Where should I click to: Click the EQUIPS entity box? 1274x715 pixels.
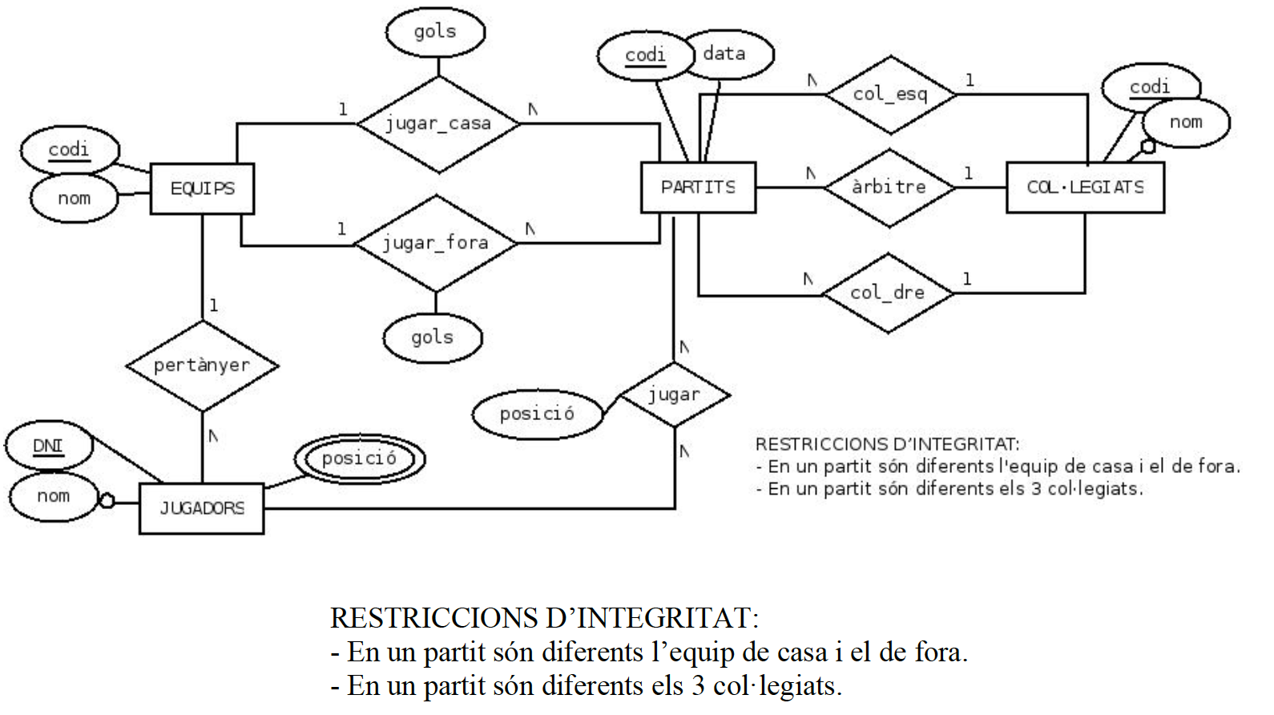coord(202,188)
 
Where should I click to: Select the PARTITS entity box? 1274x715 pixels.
coord(698,188)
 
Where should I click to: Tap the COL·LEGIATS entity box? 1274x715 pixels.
coord(1085,188)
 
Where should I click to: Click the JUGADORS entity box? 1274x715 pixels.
coord(201,508)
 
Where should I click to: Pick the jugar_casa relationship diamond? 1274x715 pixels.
coord(437,123)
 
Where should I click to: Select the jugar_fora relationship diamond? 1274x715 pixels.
coord(435,243)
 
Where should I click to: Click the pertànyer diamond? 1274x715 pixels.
coord(202,366)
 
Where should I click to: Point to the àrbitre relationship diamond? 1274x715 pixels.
coord(889,188)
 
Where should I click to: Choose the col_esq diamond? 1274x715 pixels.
coord(890,95)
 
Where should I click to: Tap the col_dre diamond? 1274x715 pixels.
coord(888,293)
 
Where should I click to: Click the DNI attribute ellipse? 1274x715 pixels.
coord(48,446)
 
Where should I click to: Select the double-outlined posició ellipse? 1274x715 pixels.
coord(359,458)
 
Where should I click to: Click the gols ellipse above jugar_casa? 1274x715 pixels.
coord(435,32)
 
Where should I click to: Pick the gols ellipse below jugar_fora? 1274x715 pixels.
coord(433,337)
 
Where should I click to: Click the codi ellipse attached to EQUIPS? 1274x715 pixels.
coord(69,150)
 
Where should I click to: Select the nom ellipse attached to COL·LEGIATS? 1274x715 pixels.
coord(1186,123)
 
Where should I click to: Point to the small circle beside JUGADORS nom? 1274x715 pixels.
coord(106,502)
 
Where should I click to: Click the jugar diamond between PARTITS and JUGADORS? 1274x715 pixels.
coord(675,394)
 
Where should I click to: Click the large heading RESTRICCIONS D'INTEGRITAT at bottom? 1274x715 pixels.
coord(544,618)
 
